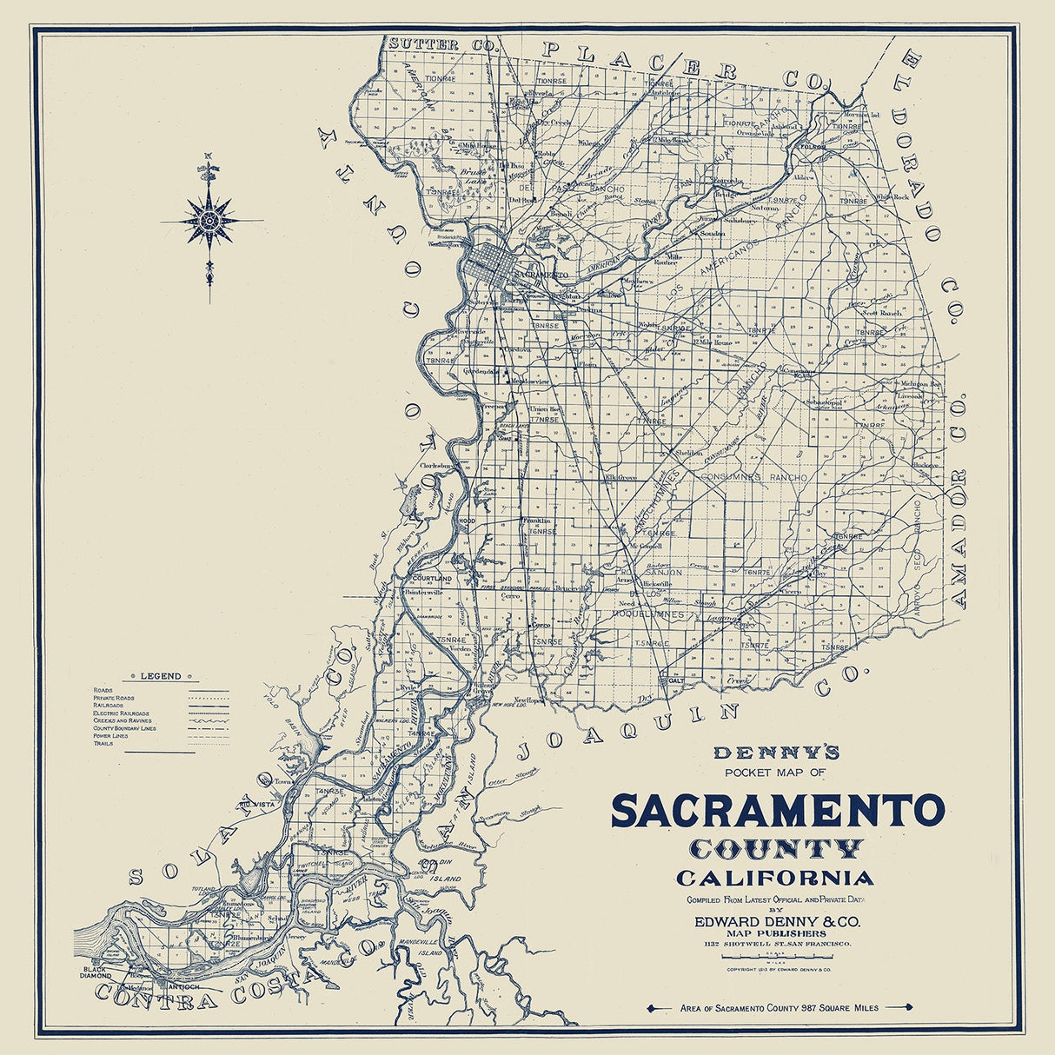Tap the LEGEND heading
pos(161,676)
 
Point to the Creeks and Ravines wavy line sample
pos(209,720)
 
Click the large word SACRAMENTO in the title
pos(777,811)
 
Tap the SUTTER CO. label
pos(428,43)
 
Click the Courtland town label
pos(433,578)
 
